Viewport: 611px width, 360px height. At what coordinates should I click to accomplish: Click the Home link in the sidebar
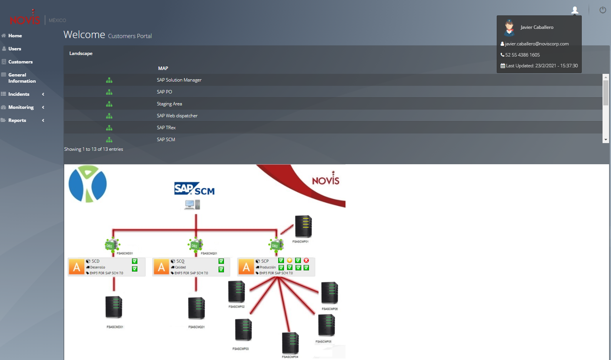(15, 36)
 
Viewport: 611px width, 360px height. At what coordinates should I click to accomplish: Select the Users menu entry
(15, 49)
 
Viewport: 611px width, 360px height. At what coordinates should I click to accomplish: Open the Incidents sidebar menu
(19, 94)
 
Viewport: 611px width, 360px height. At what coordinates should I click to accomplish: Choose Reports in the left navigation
(17, 120)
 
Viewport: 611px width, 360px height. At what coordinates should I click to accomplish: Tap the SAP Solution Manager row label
(179, 80)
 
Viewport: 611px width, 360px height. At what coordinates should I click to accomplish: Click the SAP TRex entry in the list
(166, 128)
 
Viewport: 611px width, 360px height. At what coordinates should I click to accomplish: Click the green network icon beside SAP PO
(109, 92)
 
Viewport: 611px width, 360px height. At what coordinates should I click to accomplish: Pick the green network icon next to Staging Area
(109, 104)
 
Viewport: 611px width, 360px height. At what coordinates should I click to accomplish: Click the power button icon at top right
(603, 10)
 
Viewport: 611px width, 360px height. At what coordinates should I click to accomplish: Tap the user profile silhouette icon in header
(575, 10)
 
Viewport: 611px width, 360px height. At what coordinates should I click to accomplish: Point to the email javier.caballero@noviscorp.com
(537, 44)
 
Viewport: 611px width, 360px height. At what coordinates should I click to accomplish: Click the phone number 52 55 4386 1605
(523, 55)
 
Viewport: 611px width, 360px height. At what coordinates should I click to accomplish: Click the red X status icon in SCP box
(306, 260)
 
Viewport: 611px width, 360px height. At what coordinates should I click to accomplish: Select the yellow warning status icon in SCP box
(290, 260)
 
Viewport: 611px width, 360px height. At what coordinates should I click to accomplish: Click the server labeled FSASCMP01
(303, 227)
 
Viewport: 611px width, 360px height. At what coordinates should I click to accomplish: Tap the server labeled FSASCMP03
(243, 330)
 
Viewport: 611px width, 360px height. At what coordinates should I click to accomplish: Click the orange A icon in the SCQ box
(162, 267)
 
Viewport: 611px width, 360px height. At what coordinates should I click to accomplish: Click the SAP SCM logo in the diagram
(194, 189)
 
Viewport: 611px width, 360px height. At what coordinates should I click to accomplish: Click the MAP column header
(163, 68)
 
